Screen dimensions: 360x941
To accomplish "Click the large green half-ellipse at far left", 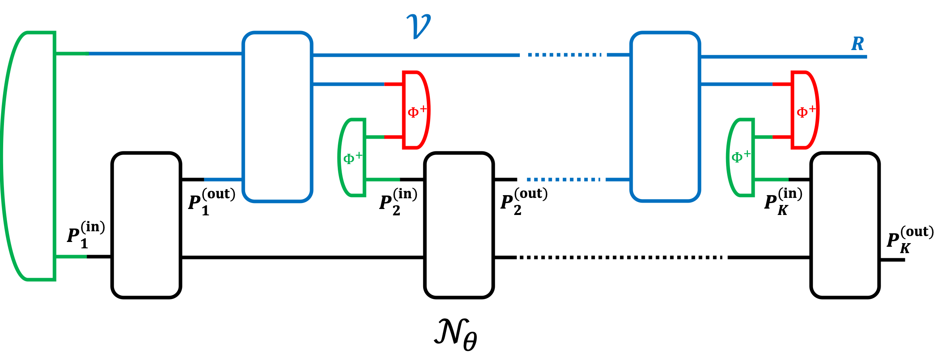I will coord(28,156).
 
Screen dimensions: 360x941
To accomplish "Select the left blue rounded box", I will coord(277,117).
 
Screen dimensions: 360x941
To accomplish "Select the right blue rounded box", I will coord(665,117).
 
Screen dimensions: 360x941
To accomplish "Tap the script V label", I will coord(418,26).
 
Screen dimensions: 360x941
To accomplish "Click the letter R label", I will coord(858,44).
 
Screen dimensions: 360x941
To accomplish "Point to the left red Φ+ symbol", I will coord(416,111).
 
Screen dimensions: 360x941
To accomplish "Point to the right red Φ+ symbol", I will coord(805,111).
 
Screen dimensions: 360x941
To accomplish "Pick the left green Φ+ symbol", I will coord(352,158).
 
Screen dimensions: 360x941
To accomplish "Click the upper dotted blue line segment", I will coord(564,55).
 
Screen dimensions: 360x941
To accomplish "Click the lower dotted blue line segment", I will coord(563,180).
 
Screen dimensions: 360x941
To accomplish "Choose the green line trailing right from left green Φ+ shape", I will coord(383,180).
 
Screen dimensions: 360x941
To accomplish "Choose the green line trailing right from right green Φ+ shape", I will coord(771,180).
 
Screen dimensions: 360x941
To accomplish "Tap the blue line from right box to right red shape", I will coord(736,84).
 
